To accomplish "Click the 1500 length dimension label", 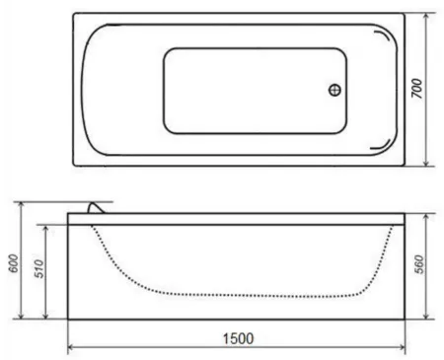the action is [x=239, y=338].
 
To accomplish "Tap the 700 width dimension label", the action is [x=416, y=88].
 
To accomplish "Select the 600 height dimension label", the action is [x=14, y=263].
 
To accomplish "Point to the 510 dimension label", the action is [x=39, y=268].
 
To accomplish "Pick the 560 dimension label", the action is [x=419, y=264].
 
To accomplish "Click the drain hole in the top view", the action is [x=334, y=90].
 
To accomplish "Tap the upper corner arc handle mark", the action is [x=383, y=37].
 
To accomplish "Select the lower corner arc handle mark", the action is [x=381, y=145].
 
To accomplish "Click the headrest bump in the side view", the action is [x=96, y=207].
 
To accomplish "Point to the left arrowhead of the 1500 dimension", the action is [x=71, y=347].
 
